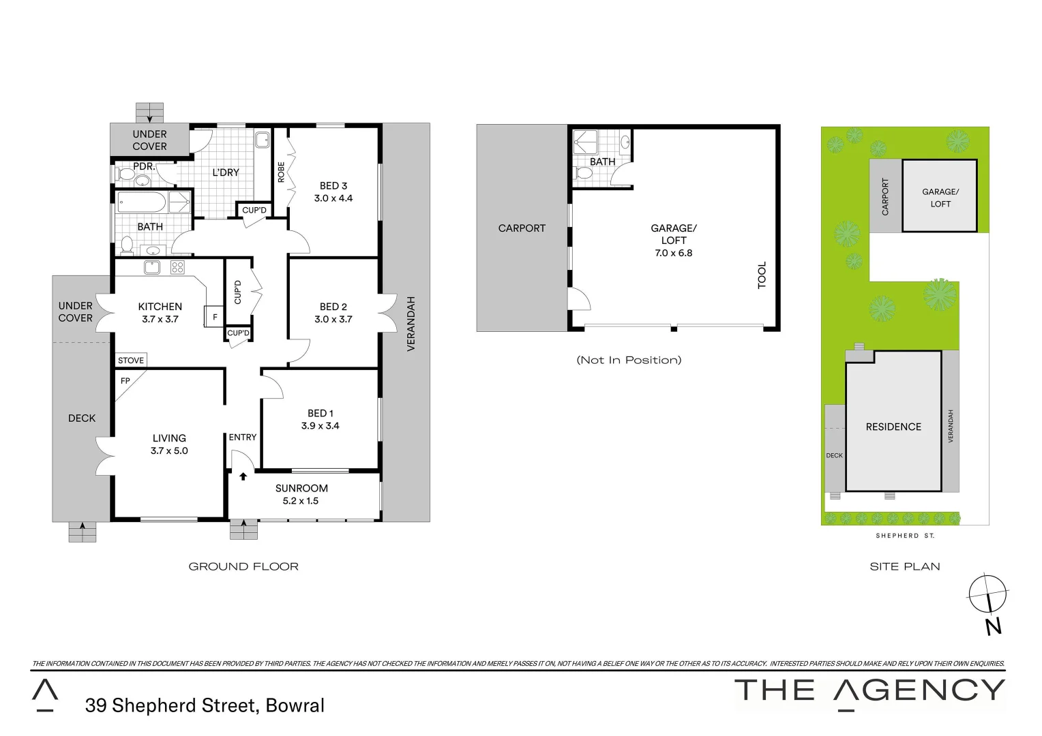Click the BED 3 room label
point(333,186)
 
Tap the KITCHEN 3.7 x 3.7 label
point(160,313)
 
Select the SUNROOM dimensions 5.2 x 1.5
point(301,501)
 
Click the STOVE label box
point(131,361)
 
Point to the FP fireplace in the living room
point(125,381)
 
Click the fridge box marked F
point(215,317)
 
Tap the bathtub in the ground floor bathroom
point(142,202)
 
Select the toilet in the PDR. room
point(126,174)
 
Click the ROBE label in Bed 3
point(281,172)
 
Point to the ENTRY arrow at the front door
point(243,476)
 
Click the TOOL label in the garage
point(762,275)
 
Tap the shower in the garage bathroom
point(585,142)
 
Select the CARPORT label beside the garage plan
point(522,228)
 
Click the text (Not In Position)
point(629,360)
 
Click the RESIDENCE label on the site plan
point(893,427)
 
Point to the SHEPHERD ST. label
point(905,536)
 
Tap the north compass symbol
point(988,594)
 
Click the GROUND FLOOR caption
point(243,566)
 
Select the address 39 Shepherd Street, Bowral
point(205,705)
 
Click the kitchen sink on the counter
point(151,268)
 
